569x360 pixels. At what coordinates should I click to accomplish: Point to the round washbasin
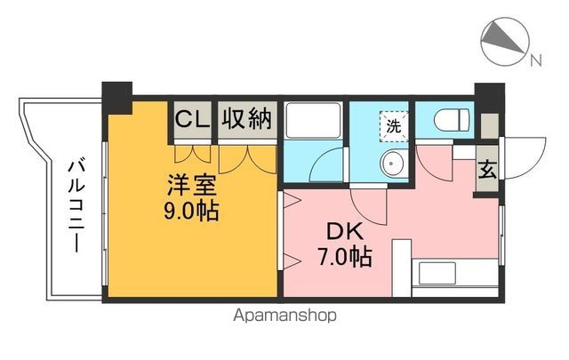click(x=391, y=163)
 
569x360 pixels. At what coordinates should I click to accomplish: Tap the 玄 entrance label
click(x=487, y=170)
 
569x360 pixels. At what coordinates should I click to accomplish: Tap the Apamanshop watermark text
click(x=285, y=315)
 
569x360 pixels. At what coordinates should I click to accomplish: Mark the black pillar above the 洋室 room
click(x=116, y=92)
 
